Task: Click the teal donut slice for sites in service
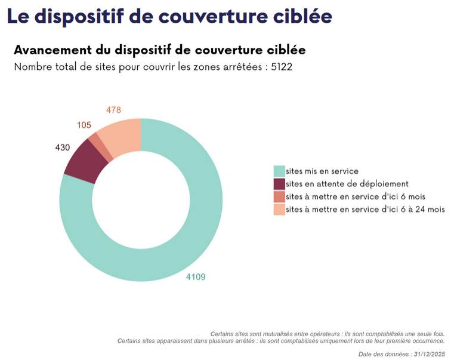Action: (197, 239)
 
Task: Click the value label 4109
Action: (196, 276)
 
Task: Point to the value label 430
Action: (63, 147)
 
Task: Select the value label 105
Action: (84, 125)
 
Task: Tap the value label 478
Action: (113, 110)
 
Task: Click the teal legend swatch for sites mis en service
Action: (279, 171)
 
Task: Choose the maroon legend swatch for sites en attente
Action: (279, 184)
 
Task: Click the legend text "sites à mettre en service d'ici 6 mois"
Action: (356, 196)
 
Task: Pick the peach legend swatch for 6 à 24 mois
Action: (279, 209)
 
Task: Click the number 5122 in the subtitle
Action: (282, 67)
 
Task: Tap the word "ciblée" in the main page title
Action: (302, 16)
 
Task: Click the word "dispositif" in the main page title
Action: (87, 16)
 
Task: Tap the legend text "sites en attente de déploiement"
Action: (347, 184)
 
